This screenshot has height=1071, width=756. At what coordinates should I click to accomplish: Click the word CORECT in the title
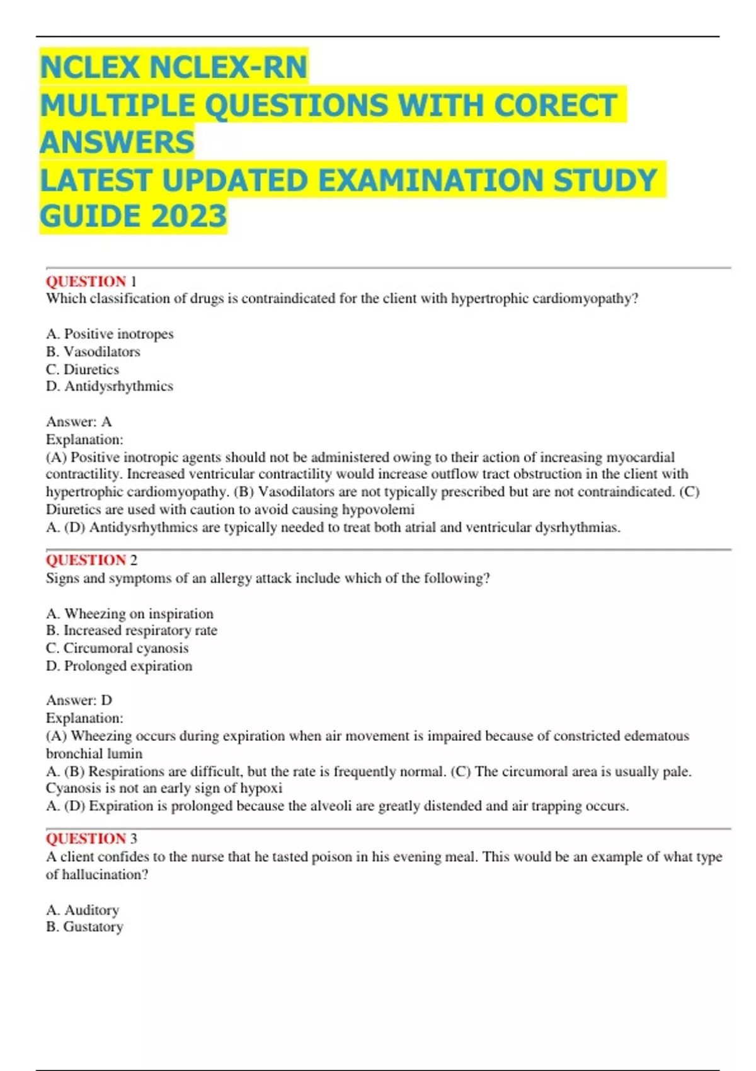point(554,105)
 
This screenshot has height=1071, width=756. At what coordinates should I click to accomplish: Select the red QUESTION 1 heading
point(91,281)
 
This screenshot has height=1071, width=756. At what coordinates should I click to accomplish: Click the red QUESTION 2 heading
point(91,560)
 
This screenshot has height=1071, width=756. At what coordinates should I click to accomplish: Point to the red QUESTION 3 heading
point(91,839)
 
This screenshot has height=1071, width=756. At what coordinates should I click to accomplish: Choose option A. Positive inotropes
point(110,334)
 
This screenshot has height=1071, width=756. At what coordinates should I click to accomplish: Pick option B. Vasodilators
point(93,352)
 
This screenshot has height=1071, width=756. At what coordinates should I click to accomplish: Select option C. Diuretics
point(83,369)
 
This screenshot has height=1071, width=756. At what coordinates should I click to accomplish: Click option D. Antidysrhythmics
point(110,386)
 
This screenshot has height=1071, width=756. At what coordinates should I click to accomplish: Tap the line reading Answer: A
point(79,421)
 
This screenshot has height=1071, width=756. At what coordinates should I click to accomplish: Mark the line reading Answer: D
point(79,700)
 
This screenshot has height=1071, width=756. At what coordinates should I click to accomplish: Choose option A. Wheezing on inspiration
point(130,614)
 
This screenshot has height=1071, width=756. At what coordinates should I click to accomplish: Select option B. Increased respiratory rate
point(132,631)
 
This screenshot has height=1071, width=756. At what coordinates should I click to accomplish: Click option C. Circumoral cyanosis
point(117,648)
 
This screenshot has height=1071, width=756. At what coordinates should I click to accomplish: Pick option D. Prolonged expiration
point(119,666)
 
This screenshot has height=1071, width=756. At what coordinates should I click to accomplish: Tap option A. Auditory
point(83,910)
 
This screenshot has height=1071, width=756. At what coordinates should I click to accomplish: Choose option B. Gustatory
point(84,927)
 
